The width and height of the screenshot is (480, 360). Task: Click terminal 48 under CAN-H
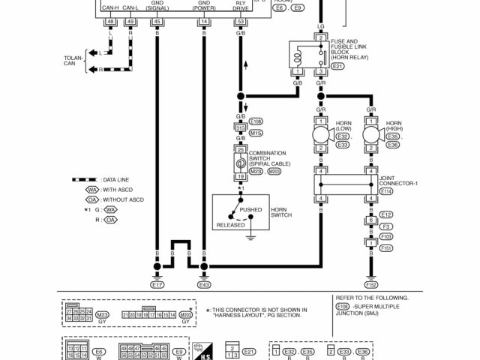(x=110, y=22)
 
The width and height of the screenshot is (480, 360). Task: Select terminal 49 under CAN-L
(x=130, y=22)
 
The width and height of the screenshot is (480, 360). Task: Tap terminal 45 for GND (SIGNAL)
(x=157, y=22)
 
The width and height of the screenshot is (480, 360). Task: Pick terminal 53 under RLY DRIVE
(x=240, y=22)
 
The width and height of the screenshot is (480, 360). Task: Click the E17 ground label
(x=157, y=285)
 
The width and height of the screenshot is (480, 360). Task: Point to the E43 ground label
(x=204, y=285)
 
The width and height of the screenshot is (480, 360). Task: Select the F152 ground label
(x=370, y=285)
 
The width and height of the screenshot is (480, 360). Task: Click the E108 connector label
(x=256, y=121)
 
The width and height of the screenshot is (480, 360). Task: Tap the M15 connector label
(x=256, y=133)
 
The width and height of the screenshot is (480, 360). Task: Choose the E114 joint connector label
(x=386, y=191)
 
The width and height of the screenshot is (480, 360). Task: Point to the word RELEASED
(x=230, y=225)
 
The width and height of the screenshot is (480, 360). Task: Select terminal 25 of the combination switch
(x=241, y=150)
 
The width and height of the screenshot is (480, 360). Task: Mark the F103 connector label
(x=386, y=236)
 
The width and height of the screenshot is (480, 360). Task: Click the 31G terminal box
(x=241, y=127)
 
